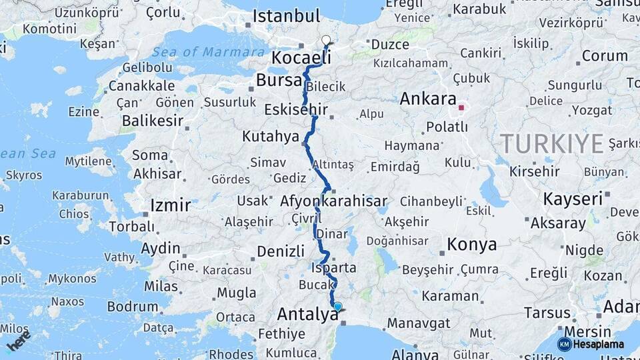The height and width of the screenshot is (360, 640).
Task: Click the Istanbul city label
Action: [x=287, y=16]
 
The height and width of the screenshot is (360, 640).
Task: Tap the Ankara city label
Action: [x=428, y=99]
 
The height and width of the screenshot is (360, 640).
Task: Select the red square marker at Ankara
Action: [x=461, y=107]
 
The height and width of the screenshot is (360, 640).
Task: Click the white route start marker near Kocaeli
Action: [x=326, y=41]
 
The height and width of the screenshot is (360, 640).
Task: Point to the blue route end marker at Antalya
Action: [x=337, y=307]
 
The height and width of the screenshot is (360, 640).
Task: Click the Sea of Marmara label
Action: [x=208, y=52]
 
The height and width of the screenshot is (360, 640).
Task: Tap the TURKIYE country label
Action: [x=552, y=143]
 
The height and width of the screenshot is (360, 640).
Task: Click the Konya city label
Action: [x=471, y=244]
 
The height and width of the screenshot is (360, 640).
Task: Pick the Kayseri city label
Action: [x=573, y=199]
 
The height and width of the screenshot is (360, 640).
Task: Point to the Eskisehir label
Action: [x=297, y=109]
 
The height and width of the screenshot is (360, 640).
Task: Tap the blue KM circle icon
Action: [x=565, y=344]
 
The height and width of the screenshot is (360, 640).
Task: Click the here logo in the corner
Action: [x=18, y=340]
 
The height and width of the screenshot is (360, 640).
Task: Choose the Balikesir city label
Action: [x=153, y=121]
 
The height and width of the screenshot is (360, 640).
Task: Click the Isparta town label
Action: [x=333, y=267]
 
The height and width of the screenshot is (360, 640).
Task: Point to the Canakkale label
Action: [x=141, y=86]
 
